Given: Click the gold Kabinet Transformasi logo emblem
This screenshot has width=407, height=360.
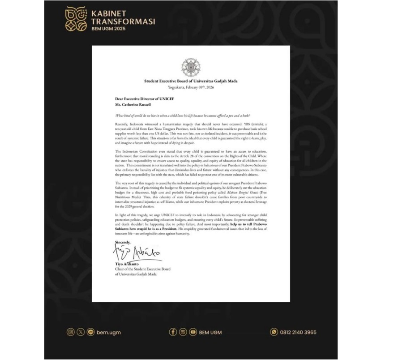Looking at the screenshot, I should click(x=77, y=19).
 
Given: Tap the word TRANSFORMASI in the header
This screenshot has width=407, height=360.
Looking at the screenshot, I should click(x=123, y=21).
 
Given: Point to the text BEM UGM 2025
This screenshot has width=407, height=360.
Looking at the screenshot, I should click(x=108, y=29).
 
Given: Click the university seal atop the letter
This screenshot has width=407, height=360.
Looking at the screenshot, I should click(x=191, y=67).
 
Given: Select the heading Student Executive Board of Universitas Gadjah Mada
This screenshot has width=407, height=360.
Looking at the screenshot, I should click(x=191, y=81).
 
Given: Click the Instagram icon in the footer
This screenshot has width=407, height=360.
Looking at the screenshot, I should click(x=70, y=332).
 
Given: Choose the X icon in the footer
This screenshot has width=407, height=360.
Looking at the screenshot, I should click(x=80, y=332).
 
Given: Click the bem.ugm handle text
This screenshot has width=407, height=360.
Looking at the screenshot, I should click(x=109, y=332).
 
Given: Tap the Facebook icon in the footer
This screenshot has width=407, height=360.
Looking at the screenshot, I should click(x=173, y=332).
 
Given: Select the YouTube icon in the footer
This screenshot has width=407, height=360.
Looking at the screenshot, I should click(x=193, y=332).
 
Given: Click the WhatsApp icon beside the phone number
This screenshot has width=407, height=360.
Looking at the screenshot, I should click(x=274, y=332).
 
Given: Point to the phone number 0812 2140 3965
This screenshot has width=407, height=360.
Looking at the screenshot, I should click(x=298, y=332).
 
